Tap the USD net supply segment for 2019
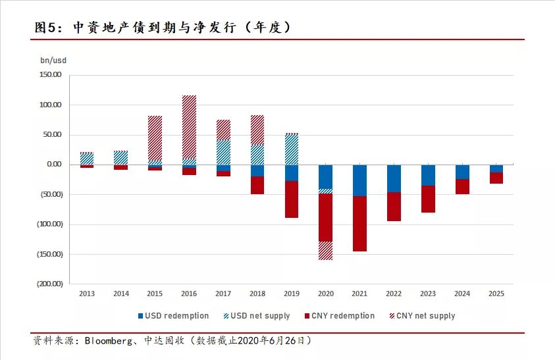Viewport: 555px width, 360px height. [x=292, y=149]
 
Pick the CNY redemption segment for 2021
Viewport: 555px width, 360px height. [x=359, y=224]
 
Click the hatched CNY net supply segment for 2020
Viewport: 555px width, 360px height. [x=325, y=251]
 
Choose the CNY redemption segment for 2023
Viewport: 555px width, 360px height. [x=428, y=199]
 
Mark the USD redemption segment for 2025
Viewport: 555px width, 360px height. [x=496, y=168]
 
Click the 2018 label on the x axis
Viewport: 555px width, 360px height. [x=257, y=294]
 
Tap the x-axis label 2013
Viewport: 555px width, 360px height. [x=87, y=294]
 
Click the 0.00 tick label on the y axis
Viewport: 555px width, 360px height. [x=53, y=165]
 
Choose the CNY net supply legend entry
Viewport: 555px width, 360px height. [x=422, y=316]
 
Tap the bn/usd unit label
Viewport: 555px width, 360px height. [x=53, y=61]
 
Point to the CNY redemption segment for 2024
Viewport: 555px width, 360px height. [x=462, y=186]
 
